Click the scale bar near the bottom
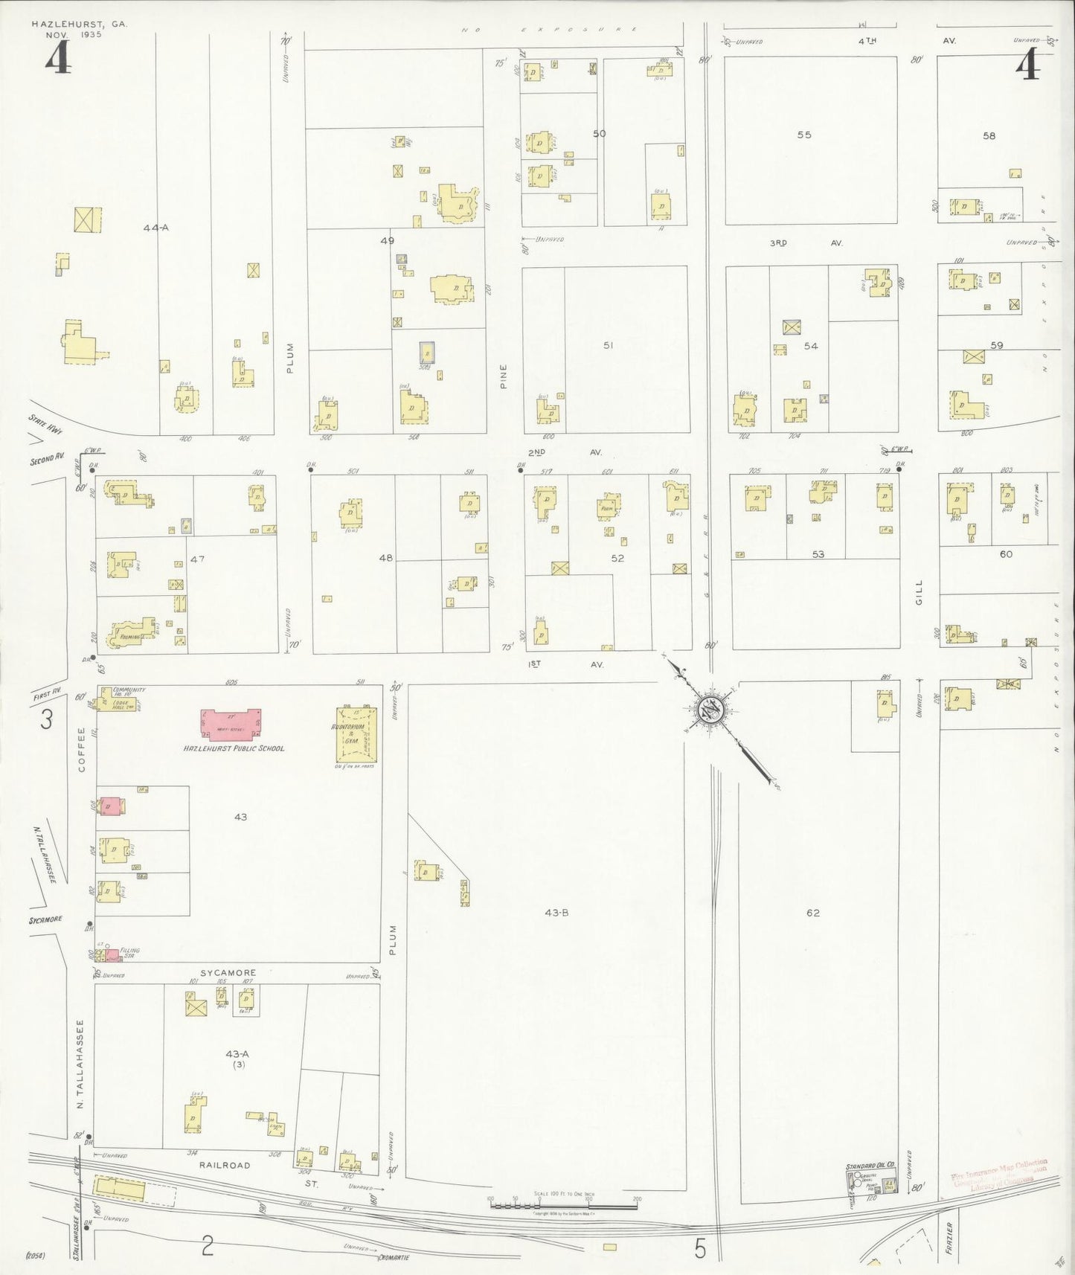click(x=563, y=1204)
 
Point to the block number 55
click(x=804, y=135)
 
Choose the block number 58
click(x=989, y=135)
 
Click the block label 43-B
click(x=556, y=912)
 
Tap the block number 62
click(x=812, y=913)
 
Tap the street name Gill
click(x=919, y=591)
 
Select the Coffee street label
click(x=82, y=749)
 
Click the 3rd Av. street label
click(x=806, y=243)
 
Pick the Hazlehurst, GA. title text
click(x=80, y=25)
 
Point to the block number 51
click(x=609, y=345)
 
